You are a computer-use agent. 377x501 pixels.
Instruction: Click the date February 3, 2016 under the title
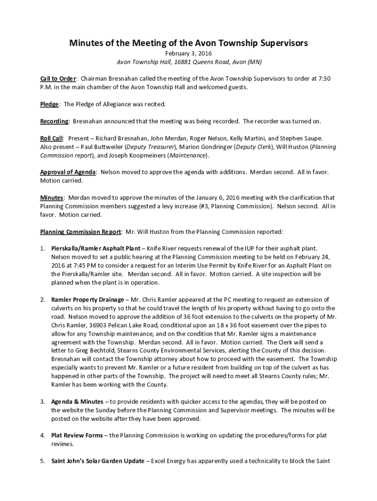pos(188,53)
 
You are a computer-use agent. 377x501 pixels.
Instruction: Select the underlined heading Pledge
pos(49,104)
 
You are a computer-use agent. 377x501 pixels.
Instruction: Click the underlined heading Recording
pos(54,121)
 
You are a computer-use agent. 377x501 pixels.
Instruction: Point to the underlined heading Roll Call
pos(52,138)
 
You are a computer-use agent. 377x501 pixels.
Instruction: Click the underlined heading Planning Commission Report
pos(80,231)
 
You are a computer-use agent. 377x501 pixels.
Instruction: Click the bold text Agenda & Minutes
pos(77,402)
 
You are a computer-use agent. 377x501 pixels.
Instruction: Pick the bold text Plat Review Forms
pos(77,435)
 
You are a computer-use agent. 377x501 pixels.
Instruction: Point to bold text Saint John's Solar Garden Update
pos(98,461)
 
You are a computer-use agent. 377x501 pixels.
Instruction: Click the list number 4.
pos(43,435)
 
